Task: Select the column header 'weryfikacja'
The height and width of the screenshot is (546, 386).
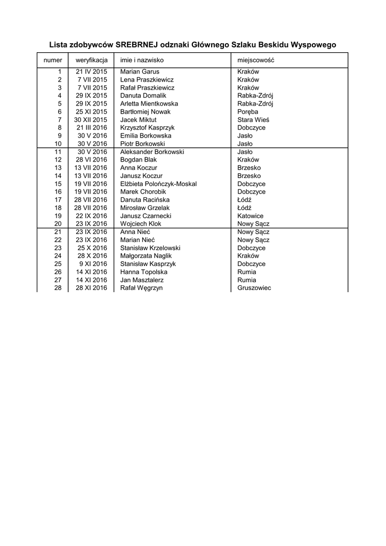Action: [92, 60]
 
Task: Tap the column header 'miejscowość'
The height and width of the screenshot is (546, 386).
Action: [256, 60]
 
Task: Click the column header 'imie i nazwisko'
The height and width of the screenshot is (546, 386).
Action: [142, 60]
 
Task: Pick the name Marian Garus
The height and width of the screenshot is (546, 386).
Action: [140, 71]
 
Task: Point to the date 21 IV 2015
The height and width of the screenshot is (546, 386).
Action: [92, 71]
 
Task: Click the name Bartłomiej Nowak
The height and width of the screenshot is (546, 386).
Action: [146, 111]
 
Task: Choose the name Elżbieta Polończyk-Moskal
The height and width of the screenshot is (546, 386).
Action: [158, 184]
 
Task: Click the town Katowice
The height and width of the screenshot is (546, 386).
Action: [251, 216]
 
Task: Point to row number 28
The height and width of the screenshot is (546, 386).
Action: [58, 288]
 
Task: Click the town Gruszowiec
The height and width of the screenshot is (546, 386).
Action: [254, 288]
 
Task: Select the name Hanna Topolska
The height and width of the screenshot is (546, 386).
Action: [144, 272]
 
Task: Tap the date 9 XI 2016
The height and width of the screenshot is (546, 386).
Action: [93, 264]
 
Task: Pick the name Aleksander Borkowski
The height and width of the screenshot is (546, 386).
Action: [152, 152]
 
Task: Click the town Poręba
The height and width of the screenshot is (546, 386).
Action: [247, 111]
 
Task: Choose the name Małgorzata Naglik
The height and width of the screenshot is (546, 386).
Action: [146, 256]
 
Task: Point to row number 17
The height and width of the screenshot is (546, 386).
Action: [58, 200]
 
